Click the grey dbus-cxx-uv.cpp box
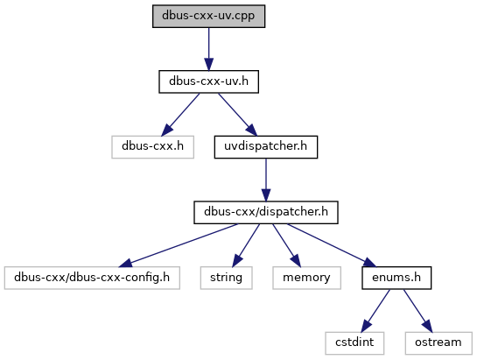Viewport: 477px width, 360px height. (x=208, y=16)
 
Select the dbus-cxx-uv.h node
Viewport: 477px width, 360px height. (x=208, y=81)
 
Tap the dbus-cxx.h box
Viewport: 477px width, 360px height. (x=152, y=147)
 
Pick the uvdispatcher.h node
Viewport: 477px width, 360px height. (x=266, y=147)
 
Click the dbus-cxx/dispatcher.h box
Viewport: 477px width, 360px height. (x=266, y=212)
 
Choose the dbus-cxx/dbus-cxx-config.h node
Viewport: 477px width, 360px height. (x=92, y=278)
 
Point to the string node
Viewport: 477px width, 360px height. (x=227, y=278)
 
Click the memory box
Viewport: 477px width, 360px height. (x=306, y=278)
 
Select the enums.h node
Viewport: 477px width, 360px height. (x=396, y=278)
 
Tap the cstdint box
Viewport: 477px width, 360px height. (x=354, y=343)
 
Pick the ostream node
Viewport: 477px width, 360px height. (x=438, y=343)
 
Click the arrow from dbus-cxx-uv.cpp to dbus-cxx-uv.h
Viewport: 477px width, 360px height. (x=208, y=49)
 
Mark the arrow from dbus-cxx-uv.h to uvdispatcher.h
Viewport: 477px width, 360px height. (x=237, y=115)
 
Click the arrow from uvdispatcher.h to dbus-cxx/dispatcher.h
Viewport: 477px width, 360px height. (x=266, y=180)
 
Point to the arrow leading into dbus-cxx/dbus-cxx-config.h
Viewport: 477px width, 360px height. (x=178, y=245)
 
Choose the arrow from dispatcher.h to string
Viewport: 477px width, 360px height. (x=246, y=245)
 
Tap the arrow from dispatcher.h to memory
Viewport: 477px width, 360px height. (x=286, y=245)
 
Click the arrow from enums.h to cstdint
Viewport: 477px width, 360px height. (x=375, y=311)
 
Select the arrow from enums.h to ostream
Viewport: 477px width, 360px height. (x=417, y=311)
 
